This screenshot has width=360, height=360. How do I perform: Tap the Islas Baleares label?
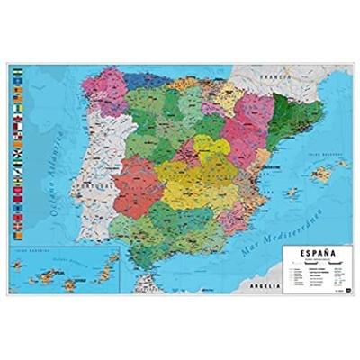coord(317,152)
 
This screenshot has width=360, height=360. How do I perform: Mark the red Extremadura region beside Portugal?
coord(133,190)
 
